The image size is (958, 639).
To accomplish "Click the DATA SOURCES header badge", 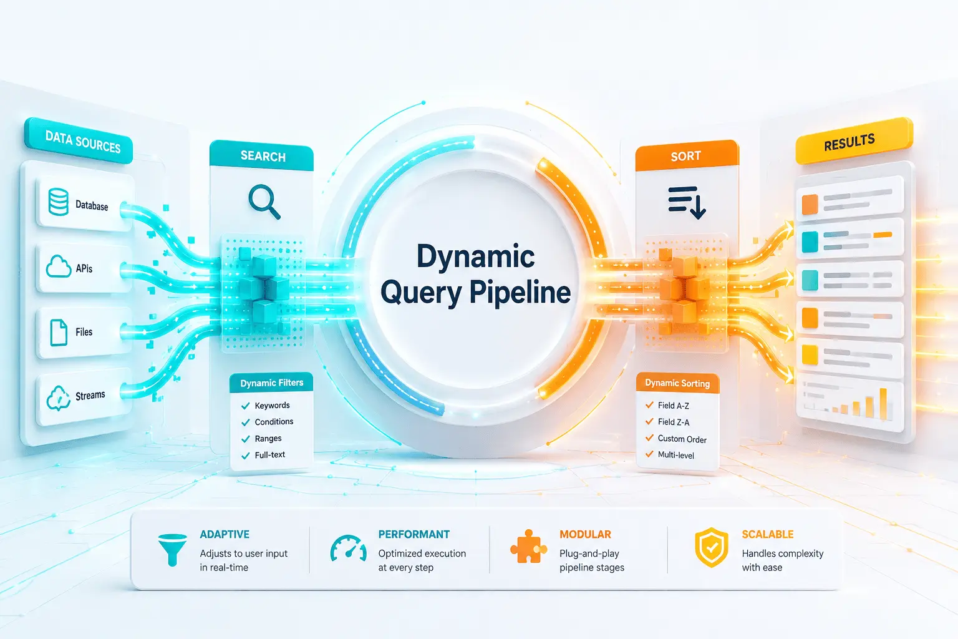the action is click(x=79, y=141).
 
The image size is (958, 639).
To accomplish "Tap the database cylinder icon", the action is click(x=58, y=202).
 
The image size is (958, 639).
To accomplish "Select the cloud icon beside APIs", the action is click(x=59, y=266).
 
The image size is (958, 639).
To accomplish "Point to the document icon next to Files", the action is click(x=59, y=332).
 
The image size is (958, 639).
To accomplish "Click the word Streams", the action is click(x=90, y=395).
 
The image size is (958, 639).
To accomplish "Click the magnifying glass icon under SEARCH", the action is click(x=264, y=202).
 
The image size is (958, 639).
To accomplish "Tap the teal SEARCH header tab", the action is click(x=262, y=155).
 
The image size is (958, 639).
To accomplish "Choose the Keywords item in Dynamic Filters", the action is click(x=272, y=406).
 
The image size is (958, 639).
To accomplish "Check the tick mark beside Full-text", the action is click(x=246, y=456).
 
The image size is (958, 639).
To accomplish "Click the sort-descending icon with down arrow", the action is click(x=687, y=202).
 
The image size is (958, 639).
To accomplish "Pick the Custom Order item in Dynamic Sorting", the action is click(x=682, y=439).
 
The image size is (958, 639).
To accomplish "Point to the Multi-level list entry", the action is click(x=675, y=455).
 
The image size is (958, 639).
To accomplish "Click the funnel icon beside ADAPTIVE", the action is click(x=172, y=550).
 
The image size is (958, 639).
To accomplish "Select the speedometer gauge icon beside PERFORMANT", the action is click(x=348, y=548).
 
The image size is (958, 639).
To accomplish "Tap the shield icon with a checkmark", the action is click(x=711, y=547).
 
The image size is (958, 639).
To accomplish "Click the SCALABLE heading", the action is click(x=768, y=534).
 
